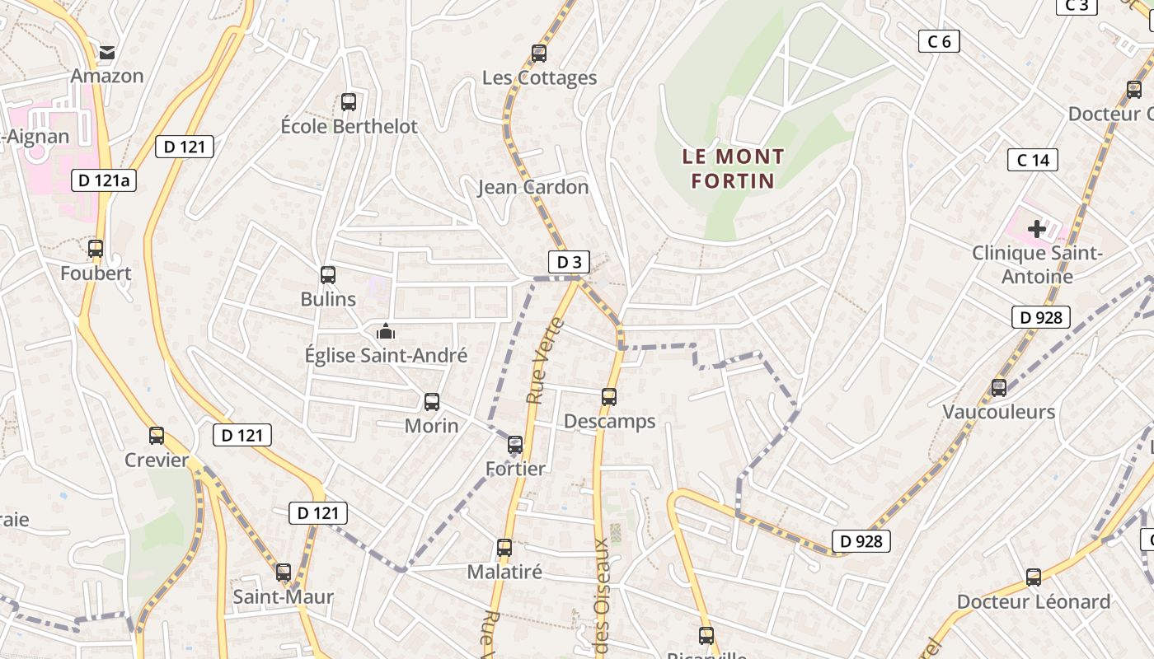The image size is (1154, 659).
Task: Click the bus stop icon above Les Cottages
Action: [x=539, y=54]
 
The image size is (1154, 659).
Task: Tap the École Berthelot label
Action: [x=349, y=127]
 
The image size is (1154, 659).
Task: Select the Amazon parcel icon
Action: [x=107, y=54]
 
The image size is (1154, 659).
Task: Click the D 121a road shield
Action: [x=104, y=180]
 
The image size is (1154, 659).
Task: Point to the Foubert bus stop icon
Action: [x=96, y=248]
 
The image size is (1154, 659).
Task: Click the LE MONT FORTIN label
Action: [x=733, y=168]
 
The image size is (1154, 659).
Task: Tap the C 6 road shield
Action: [x=939, y=41]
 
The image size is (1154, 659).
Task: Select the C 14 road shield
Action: [x=1033, y=160]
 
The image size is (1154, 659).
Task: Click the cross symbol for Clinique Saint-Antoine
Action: [x=1037, y=228]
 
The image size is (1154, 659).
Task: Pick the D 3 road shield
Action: [x=569, y=262]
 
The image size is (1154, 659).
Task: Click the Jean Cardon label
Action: [x=533, y=187]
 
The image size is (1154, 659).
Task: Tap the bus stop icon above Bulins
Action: [x=328, y=275]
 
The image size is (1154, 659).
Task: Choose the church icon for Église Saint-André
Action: [x=385, y=332]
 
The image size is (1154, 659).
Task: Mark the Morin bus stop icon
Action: [x=432, y=402]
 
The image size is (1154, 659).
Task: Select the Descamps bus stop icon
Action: [x=609, y=397]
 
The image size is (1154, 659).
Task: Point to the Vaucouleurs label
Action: [x=998, y=412]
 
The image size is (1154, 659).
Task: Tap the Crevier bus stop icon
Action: [x=157, y=436]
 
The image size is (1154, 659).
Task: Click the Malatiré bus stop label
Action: [x=504, y=572]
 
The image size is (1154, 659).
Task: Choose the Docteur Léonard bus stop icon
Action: [x=1034, y=577]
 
